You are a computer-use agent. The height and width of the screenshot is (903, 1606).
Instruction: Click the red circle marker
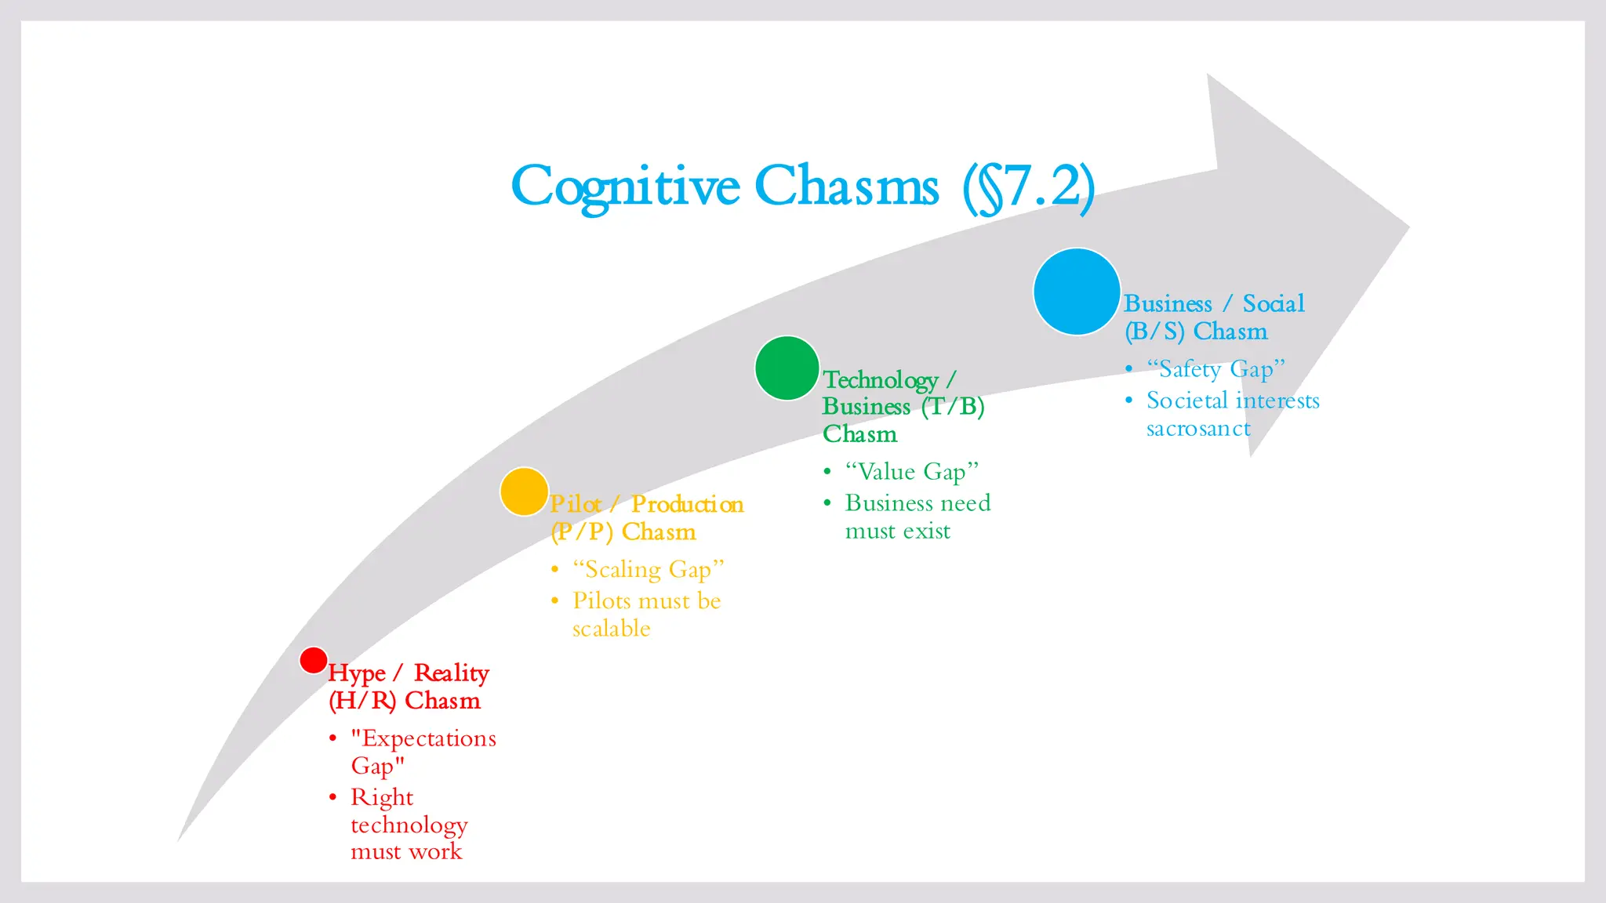(x=313, y=660)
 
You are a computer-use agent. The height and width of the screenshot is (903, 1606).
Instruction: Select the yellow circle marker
(x=524, y=491)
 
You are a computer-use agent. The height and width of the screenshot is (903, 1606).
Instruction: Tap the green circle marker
(x=787, y=368)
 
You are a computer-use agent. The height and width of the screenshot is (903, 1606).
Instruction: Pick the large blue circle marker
(x=1076, y=292)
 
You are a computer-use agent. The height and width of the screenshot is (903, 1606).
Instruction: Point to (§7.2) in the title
(x=1028, y=188)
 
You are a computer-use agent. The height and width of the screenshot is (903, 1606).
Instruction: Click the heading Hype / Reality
(x=408, y=673)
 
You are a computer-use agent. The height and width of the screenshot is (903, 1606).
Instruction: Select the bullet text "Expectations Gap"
(x=423, y=751)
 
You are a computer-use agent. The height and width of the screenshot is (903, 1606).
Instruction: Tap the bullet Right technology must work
(x=409, y=824)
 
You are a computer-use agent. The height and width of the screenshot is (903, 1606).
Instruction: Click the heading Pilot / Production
(x=646, y=504)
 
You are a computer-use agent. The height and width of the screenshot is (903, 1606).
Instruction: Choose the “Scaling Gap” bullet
(x=648, y=569)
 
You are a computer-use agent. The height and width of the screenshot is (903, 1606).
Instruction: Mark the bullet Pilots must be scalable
(x=646, y=614)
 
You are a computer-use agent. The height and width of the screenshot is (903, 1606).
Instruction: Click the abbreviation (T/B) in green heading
(x=953, y=406)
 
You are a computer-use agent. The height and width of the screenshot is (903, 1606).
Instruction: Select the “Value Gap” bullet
(x=911, y=472)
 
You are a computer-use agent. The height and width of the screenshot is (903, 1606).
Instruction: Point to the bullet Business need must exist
(x=917, y=517)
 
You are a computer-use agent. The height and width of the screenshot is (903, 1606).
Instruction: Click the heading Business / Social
(x=1213, y=303)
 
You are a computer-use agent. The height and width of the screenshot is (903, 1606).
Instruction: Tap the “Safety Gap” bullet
(x=1215, y=368)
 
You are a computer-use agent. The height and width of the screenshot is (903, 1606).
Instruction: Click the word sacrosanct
(x=1197, y=429)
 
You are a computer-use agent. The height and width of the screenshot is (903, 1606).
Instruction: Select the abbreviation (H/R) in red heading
(x=362, y=700)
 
